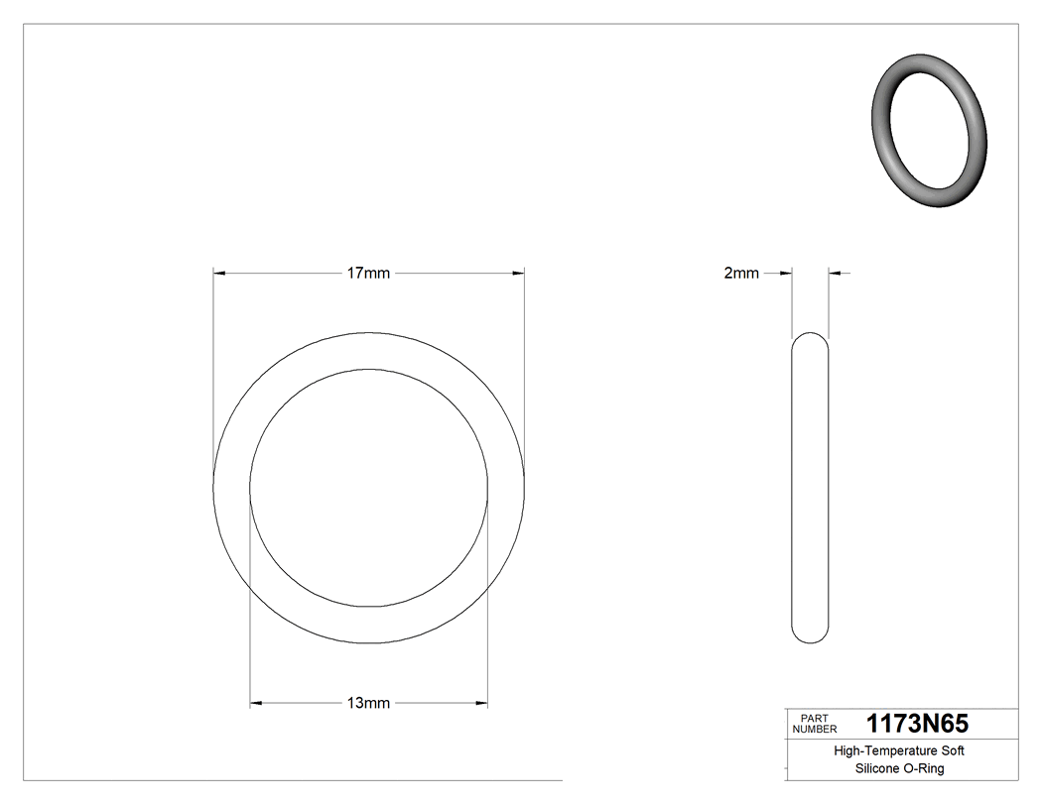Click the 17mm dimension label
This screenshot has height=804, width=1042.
click(368, 274)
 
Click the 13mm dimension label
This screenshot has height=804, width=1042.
click(368, 704)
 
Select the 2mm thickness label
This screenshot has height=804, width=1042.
click(741, 274)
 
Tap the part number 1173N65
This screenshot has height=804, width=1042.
click(917, 724)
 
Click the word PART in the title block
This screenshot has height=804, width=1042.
click(814, 718)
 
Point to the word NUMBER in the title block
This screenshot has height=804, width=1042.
click(814, 729)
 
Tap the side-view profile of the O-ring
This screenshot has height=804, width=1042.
click(810, 488)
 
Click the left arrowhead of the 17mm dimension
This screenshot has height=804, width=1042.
click(220, 273)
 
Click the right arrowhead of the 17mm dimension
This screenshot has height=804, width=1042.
click(518, 273)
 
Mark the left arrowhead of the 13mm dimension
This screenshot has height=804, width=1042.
click(256, 704)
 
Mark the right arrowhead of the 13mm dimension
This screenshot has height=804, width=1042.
click(481, 704)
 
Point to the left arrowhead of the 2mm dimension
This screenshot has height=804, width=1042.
click(785, 273)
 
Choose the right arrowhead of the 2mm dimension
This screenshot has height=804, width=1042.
click(835, 273)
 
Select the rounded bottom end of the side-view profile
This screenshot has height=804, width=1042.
click(810, 638)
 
